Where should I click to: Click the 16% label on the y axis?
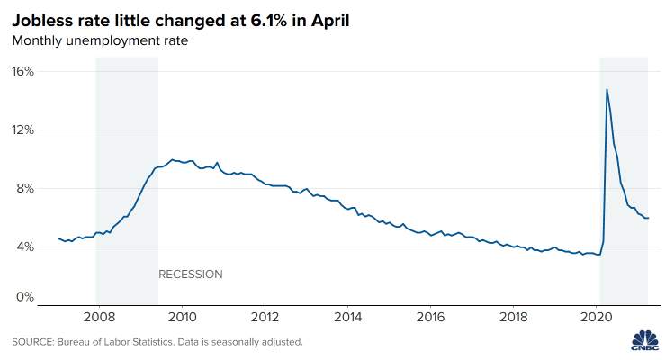(22, 71)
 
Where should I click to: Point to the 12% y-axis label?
(22, 130)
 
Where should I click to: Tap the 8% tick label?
(25, 188)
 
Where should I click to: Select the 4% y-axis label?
(25, 247)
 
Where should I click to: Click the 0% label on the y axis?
(25, 297)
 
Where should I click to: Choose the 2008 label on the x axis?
(99, 317)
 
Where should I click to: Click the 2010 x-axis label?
(182, 317)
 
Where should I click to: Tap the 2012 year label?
(265, 317)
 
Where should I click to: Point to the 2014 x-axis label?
(348, 317)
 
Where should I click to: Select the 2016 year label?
(431, 317)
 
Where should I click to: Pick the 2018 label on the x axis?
(514, 317)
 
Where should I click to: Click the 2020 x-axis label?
(597, 317)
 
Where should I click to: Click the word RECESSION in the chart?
(191, 274)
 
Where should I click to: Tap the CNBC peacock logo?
(644, 340)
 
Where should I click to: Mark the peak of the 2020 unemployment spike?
(607, 89)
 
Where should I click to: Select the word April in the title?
(330, 22)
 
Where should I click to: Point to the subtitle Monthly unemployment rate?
(100, 40)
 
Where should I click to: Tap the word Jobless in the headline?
(39, 21)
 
